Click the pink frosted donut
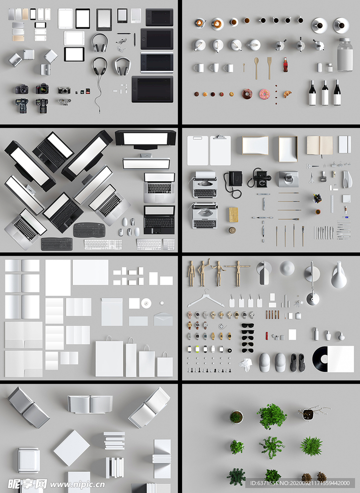265,94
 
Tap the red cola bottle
285,65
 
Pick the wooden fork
269,68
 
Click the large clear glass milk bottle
345,55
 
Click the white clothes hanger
206,299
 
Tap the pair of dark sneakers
297,362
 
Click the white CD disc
146,303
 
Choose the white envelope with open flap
163,319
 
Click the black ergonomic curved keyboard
89,230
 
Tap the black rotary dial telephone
259,178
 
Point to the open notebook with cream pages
319,145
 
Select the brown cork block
233,214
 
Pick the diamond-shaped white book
72,448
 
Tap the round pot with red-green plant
236,417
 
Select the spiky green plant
311,446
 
